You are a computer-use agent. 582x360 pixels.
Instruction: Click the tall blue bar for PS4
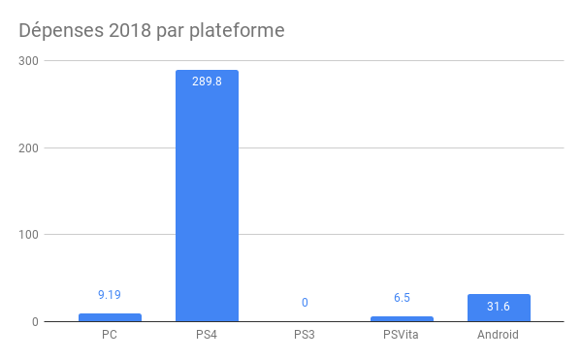[207, 194]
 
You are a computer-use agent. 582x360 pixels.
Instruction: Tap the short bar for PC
[110, 317]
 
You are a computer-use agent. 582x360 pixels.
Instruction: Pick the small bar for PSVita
[402, 318]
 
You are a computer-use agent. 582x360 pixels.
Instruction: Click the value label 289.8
[207, 82]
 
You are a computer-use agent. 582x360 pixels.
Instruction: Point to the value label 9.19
[110, 295]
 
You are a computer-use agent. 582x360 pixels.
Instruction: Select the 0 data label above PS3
[305, 303]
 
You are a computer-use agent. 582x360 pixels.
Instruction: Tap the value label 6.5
[402, 298]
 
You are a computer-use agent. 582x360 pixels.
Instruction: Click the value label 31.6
[499, 308]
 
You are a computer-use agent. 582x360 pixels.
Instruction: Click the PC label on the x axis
[110, 336]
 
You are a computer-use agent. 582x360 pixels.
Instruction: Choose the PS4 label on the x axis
[207, 336]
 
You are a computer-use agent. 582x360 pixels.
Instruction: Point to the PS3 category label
[305, 336]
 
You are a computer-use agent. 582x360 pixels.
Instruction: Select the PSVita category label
[402, 336]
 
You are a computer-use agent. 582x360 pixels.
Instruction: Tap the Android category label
[499, 336]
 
